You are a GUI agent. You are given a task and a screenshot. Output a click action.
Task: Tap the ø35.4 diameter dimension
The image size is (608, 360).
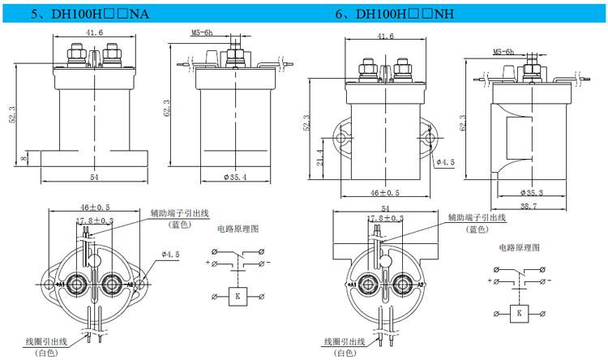233,178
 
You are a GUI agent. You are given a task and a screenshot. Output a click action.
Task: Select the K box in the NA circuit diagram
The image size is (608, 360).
238,296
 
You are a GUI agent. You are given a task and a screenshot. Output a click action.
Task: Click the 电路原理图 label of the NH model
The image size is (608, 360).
518,246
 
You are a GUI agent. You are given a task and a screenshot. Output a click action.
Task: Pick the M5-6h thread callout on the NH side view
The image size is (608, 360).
503,52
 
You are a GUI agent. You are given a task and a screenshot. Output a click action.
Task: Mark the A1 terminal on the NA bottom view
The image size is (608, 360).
60,285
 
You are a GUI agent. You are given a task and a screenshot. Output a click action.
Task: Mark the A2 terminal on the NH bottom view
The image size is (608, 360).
422,285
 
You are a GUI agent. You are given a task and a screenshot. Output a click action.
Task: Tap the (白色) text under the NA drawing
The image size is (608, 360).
46,354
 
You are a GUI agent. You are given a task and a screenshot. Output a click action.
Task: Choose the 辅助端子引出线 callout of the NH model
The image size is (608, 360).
477,217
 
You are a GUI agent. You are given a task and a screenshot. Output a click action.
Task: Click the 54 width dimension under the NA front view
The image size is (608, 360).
93,177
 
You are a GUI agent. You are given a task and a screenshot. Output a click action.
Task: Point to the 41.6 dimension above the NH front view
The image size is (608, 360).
385,36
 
